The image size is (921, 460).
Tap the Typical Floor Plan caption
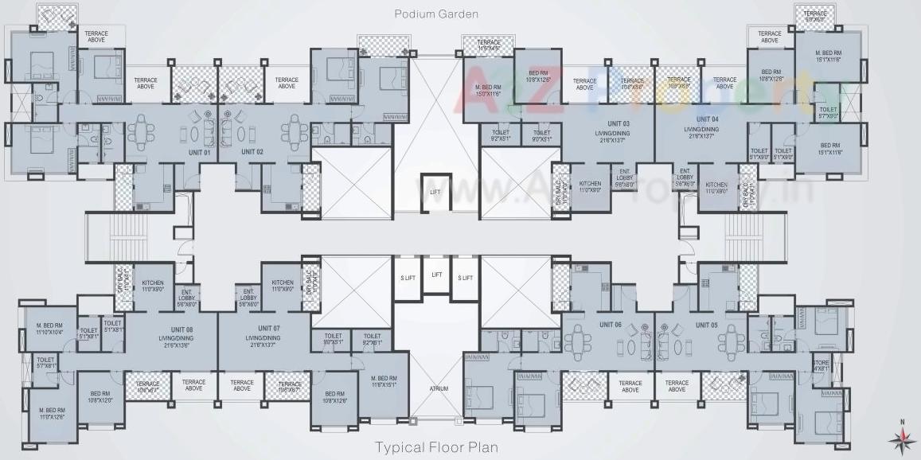coord(436,447)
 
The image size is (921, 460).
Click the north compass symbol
coord(902,436)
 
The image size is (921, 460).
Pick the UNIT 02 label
coord(252,151)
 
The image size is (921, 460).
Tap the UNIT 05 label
coord(706,325)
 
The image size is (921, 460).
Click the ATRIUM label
coord(438,389)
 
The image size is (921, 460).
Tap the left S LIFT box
coord(407,278)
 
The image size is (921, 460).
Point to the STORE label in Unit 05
coord(821,365)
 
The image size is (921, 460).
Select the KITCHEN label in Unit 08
coord(153,286)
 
